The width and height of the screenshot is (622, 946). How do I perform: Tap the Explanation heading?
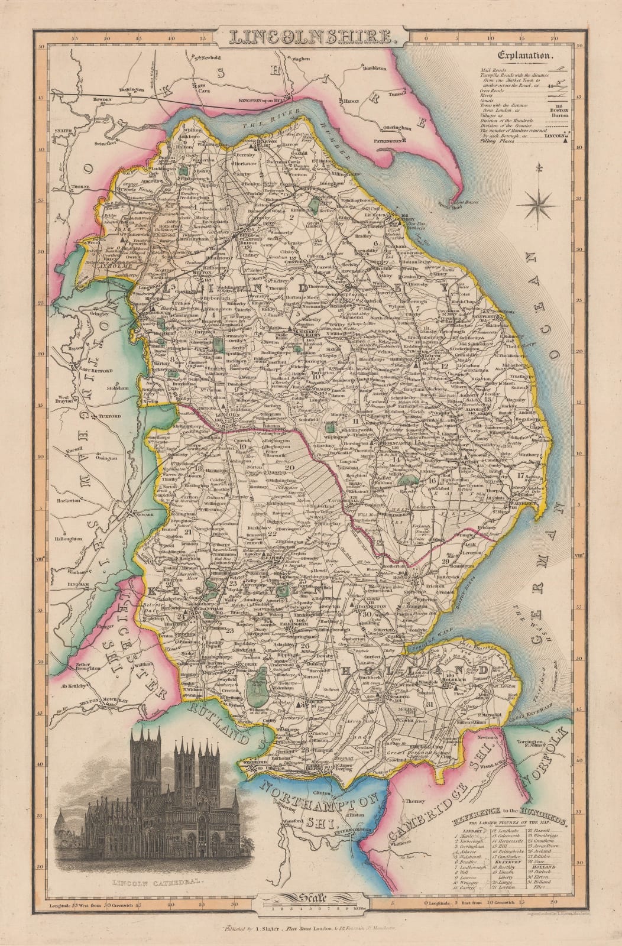tap(525, 57)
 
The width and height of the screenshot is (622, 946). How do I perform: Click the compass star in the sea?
tap(538, 205)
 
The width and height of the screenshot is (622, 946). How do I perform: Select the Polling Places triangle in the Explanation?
tap(566, 141)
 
